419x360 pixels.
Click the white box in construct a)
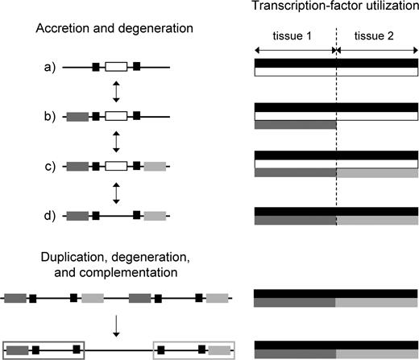tap(117, 68)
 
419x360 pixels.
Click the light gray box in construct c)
tap(156, 168)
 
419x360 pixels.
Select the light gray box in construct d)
tap(156, 216)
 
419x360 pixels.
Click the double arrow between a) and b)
tap(117, 93)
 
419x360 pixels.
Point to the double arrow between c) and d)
tap(117, 192)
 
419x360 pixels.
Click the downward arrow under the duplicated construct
tap(117, 325)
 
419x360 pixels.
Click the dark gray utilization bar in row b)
tap(295, 125)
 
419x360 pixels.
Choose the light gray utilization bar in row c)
tap(377, 173)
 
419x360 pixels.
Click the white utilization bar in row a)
tap(335, 72)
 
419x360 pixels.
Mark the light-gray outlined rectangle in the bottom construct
tap(193, 350)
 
